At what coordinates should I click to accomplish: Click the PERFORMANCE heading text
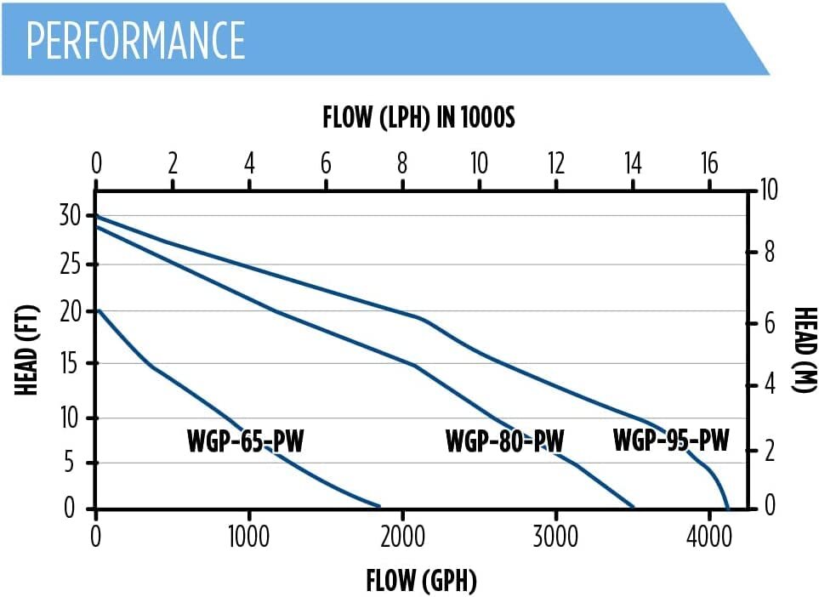pos(136,39)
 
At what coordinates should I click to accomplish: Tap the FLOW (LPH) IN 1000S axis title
pos(418,118)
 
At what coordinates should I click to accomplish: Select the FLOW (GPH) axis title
pos(421,582)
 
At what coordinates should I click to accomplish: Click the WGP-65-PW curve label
pos(245,441)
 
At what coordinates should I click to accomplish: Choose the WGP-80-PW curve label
pos(504,441)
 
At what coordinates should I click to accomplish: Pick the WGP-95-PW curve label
pos(671,441)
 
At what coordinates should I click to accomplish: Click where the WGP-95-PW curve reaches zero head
pos(728,508)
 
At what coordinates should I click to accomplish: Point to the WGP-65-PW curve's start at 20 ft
pos(98,310)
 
